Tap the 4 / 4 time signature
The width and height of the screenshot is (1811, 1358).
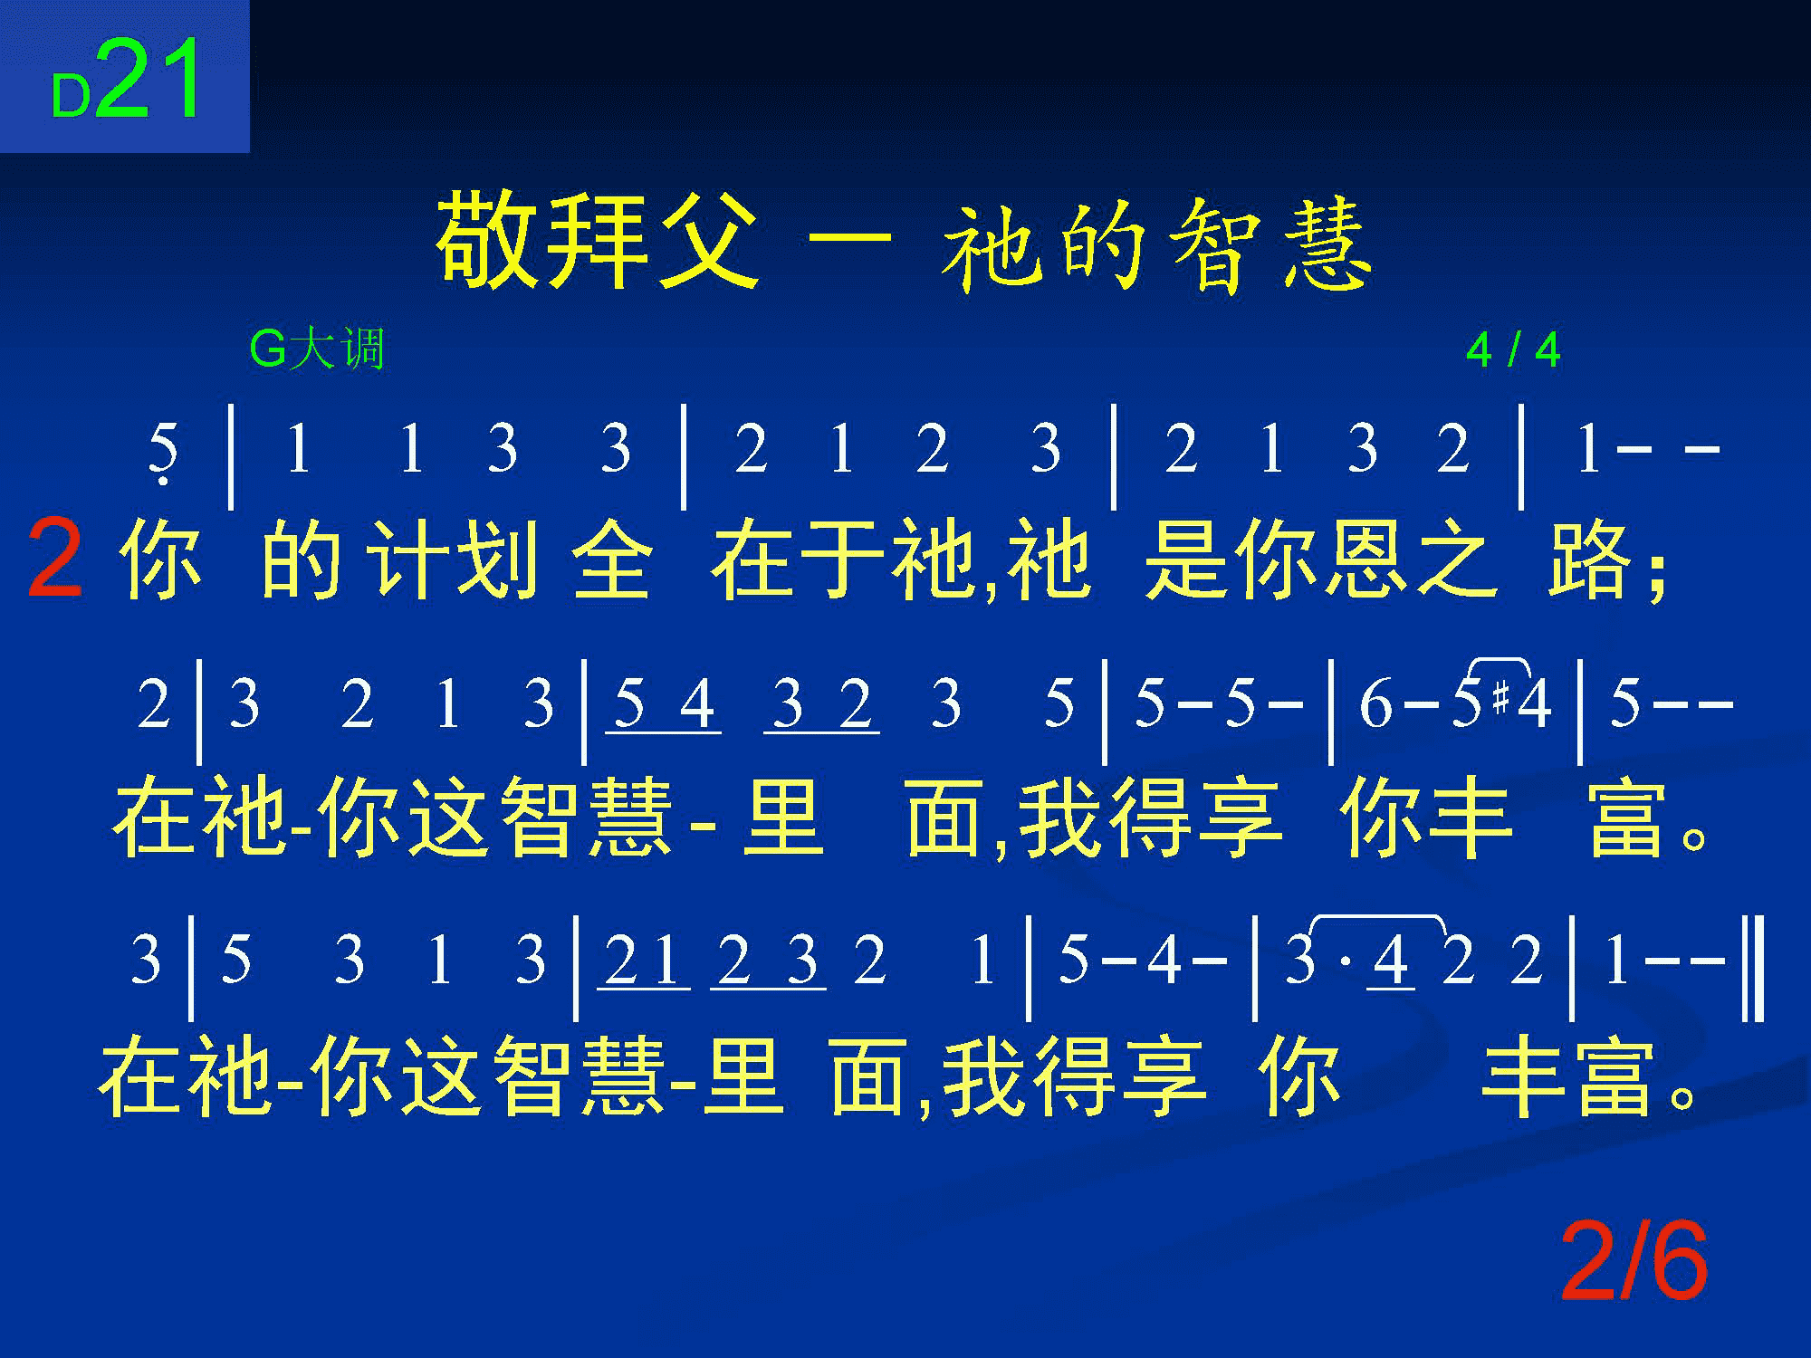[1513, 350]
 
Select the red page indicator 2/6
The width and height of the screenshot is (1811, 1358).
[1634, 1261]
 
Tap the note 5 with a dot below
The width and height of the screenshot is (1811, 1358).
[163, 453]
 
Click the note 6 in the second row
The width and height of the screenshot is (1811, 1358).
[1375, 704]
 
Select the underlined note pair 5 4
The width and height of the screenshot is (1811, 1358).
[664, 705]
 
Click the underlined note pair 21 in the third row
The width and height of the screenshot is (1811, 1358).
[643, 961]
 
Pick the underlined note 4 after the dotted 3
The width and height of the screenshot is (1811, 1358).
[1390, 961]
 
